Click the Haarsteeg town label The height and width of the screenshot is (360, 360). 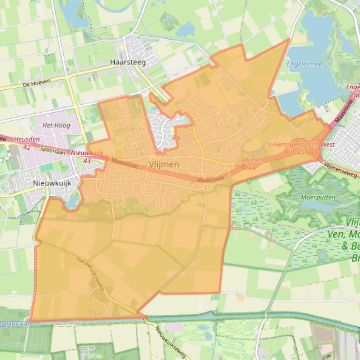click(x=127, y=62)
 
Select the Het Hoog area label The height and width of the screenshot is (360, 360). click(x=56, y=125)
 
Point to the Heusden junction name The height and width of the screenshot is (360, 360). click(x=23, y=139)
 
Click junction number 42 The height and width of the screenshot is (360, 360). click(x=26, y=147)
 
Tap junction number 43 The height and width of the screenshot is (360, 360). click(x=87, y=160)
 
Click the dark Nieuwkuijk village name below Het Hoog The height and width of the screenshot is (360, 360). click(x=52, y=183)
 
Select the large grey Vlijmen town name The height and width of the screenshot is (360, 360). click(x=164, y=164)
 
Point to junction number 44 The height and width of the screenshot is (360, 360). click(x=252, y=167)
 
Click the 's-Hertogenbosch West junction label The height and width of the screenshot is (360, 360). click(x=301, y=145)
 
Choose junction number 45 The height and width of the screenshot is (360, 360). click(x=301, y=152)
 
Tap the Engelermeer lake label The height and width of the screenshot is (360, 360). click(x=305, y=64)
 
